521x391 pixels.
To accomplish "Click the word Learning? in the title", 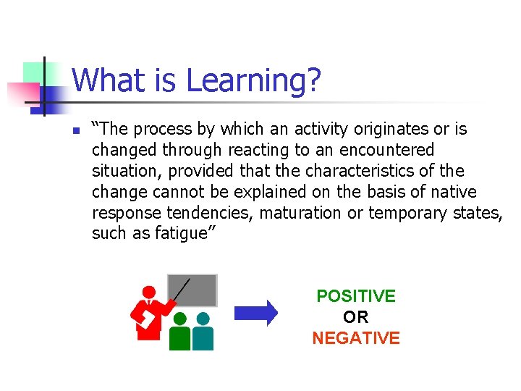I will click(253, 80).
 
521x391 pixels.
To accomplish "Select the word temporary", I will click(408, 213).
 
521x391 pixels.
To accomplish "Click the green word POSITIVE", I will click(356, 296).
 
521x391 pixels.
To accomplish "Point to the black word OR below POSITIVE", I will click(356, 317).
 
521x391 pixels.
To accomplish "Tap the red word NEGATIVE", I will click(356, 338).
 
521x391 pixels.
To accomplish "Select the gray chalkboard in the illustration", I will click(192, 290).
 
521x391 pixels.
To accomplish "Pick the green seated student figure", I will click(179, 332).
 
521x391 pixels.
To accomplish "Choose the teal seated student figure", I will click(203, 332).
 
